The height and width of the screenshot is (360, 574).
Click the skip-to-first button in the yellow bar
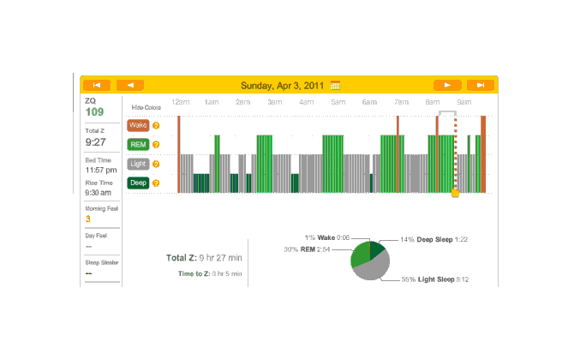(97, 85)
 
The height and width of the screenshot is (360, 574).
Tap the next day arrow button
(447, 85)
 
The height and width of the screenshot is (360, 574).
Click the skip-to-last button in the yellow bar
(481, 85)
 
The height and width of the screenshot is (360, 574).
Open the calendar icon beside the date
(336, 85)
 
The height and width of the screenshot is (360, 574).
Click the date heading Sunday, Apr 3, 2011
(284, 85)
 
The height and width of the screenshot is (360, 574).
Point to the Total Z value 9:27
(95, 141)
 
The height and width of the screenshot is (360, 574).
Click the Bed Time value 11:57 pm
(99, 170)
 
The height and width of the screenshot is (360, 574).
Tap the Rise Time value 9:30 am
(98, 193)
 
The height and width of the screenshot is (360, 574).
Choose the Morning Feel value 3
(87, 219)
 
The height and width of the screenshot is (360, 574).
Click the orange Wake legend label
(138, 125)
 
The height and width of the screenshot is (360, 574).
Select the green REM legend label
(138, 144)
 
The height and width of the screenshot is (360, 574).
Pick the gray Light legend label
(138, 163)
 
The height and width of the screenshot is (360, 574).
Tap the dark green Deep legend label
(138, 182)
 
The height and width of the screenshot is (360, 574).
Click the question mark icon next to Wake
(156, 125)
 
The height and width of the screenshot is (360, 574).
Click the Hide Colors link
(146, 107)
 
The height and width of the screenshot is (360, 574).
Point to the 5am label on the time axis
(338, 102)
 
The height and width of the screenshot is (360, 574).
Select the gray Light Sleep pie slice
(370, 269)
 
